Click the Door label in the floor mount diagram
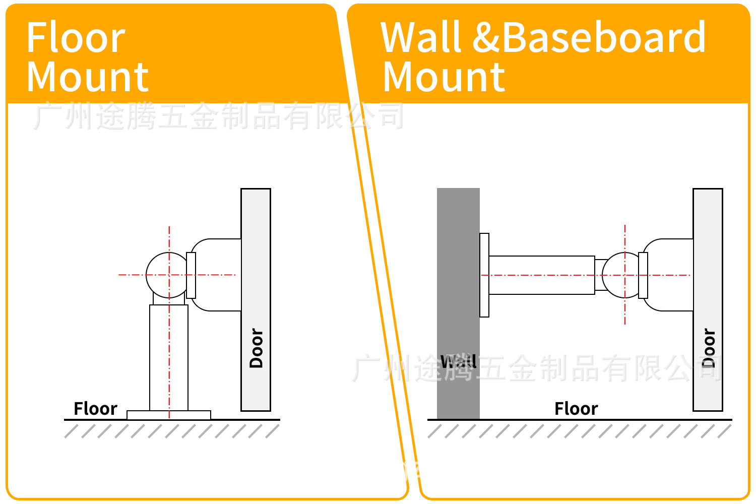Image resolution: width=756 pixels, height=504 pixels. [256, 348]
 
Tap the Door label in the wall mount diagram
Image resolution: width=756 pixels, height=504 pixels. [708, 348]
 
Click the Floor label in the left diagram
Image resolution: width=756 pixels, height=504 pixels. [95, 408]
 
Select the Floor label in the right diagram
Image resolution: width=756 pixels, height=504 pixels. [576, 408]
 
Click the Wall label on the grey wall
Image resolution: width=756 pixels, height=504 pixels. [458, 361]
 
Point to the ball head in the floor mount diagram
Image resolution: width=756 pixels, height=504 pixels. [166, 275]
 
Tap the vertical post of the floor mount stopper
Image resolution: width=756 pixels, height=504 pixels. [169, 358]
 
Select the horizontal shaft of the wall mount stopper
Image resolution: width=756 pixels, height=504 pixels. [541, 275]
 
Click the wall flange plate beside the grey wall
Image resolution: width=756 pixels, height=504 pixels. [484, 275]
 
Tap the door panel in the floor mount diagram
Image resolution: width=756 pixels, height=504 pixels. [256, 252]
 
